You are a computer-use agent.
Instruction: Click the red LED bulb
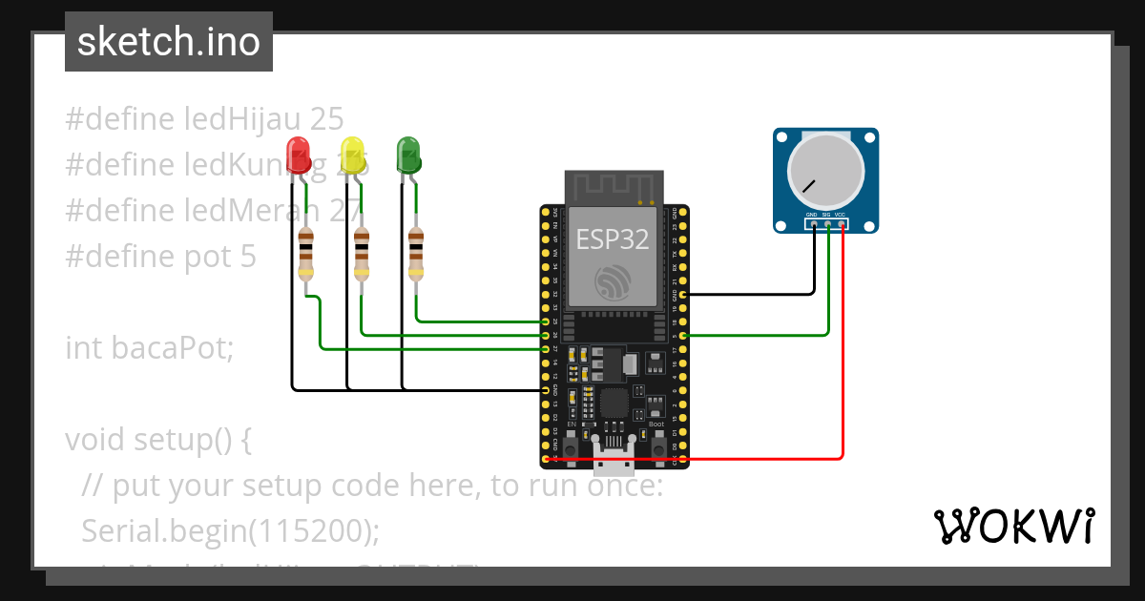[x=299, y=155]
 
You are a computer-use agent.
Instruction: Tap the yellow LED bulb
[x=354, y=155]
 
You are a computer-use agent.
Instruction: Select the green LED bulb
[x=408, y=155]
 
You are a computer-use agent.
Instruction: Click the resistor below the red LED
[x=305, y=254]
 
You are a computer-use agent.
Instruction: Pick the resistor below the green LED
[x=416, y=254]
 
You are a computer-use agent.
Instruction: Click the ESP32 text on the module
[x=613, y=239]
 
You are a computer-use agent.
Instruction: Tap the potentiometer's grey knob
[x=825, y=172]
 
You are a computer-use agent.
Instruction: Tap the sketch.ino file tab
[x=168, y=42]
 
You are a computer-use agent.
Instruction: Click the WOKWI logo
[x=1013, y=526]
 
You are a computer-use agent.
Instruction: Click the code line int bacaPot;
[x=149, y=348]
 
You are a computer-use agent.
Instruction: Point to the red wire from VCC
[x=843, y=382]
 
